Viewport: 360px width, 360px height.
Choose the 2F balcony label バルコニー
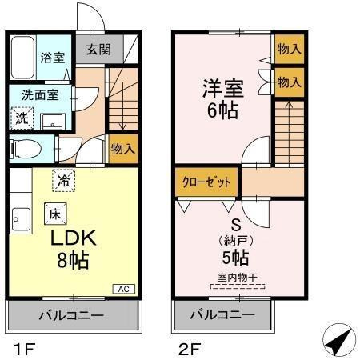click(222, 315)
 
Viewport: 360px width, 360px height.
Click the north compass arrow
click(339, 341)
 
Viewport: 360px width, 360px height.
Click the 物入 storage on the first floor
click(122, 149)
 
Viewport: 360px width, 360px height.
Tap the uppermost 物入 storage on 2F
click(289, 49)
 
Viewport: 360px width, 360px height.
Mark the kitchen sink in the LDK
click(21, 216)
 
